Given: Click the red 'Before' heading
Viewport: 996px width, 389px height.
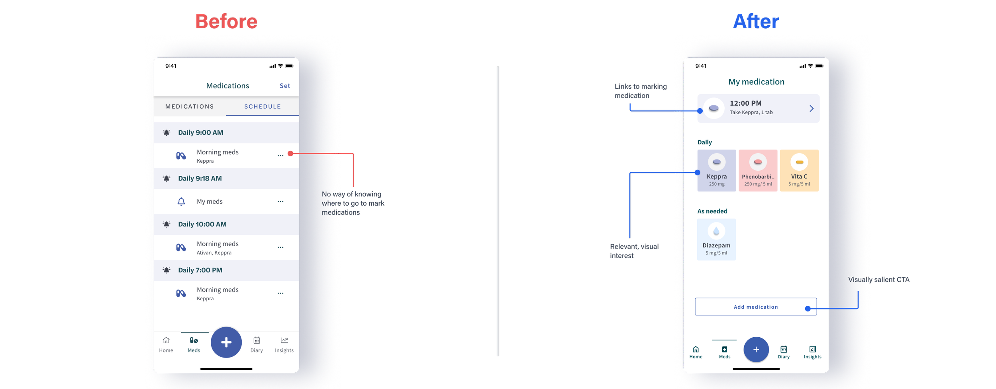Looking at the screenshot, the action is tap(226, 21).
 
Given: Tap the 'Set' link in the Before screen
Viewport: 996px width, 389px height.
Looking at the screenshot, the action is tap(285, 86).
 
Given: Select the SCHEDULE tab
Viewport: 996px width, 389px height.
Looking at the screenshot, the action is tap(263, 107).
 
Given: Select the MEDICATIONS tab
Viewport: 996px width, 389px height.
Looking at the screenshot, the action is tap(190, 107).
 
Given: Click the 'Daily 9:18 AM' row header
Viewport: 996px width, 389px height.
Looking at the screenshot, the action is tap(200, 179).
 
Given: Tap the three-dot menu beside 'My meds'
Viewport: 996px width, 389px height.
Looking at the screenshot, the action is tap(280, 202).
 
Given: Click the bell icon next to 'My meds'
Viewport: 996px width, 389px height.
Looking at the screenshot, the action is tap(181, 202).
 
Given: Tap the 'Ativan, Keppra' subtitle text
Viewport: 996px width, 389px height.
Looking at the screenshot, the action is tap(214, 253).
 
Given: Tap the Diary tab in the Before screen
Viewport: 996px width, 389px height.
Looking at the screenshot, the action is tap(257, 344).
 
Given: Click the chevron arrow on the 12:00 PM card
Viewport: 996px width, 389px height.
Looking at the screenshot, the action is tap(812, 109).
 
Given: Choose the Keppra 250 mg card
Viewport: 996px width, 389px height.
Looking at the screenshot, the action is tap(717, 171).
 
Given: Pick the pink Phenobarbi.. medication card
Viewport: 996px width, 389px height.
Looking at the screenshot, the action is tap(758, 171).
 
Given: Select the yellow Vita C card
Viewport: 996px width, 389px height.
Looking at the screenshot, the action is tap(799, 171).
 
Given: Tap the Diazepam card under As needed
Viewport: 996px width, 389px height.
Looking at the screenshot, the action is tap(716, 239).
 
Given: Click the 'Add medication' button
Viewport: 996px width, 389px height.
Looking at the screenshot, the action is tap(755, 307).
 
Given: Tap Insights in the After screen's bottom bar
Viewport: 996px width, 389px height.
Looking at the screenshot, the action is tap(812, 352).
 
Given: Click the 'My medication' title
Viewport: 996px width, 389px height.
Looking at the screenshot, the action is tap(756, 82).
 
